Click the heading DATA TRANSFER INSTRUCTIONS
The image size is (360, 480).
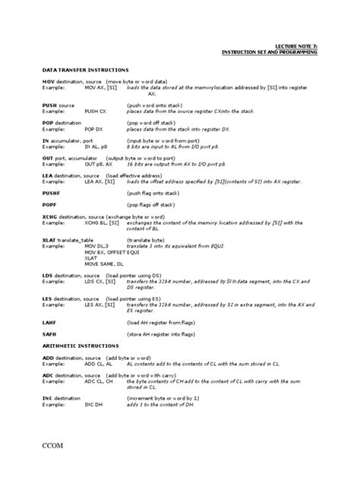click(x=86, y=69)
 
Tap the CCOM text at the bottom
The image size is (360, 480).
click(x=58, y=445)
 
